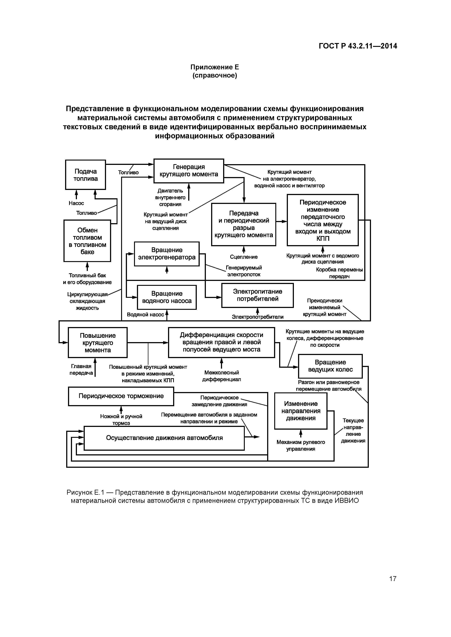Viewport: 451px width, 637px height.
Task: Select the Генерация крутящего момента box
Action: [189, 171]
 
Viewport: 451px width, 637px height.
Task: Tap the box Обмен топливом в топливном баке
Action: [87, 241]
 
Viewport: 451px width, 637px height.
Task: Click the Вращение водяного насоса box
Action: [167, 297]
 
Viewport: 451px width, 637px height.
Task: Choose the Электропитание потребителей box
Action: [257, 295]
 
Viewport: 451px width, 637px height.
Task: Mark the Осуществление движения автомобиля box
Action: [164, 438]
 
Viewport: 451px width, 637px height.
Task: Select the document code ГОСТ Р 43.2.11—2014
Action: [358, 46]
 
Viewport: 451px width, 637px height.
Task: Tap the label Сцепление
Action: [244, 257]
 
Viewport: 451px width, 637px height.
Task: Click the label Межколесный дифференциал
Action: [221, 376]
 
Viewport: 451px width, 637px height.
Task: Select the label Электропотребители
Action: [258, 317]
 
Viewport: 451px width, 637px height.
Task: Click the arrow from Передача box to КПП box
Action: [282, 221]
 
